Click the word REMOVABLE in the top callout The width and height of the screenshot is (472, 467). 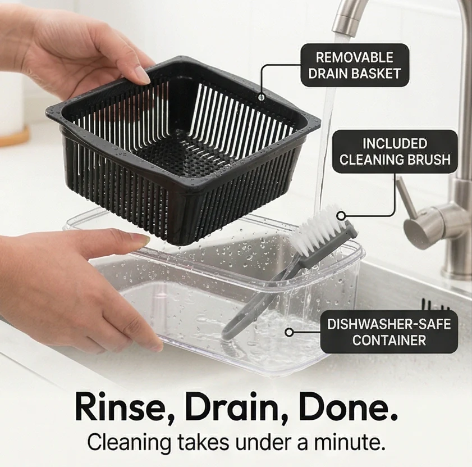click(x=355, y=57)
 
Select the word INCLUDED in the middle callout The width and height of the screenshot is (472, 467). click(x=395, y=143)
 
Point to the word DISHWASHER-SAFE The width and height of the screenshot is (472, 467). click(x=389, y=324)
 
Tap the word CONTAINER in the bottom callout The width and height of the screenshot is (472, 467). click(x=389, y=340)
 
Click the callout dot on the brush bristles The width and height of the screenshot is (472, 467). click(x=341, y=216)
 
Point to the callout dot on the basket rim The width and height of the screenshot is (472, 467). click(x=262, y=97)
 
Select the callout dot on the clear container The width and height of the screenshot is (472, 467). click(x=289, y=333)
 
